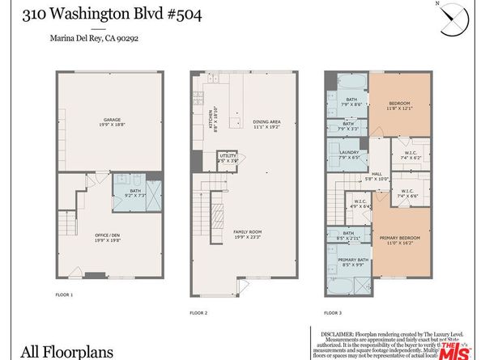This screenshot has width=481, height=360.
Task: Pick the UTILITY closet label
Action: (228, 159)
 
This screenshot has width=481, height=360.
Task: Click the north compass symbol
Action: (453, 19)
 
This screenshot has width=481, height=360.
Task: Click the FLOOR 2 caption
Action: (198, 311)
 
